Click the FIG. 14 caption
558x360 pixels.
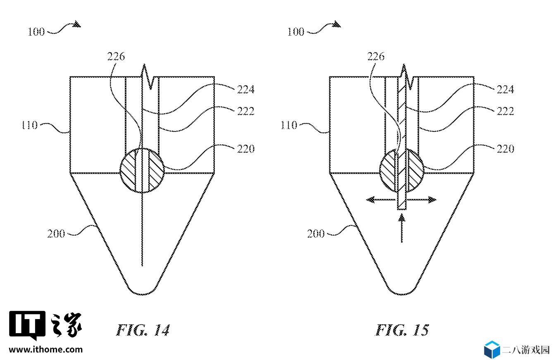143,330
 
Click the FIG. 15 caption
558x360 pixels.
402,330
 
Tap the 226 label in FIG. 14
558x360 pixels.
116,56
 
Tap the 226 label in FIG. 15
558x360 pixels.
376,56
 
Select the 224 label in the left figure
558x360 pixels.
246,89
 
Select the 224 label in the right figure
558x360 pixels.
506,89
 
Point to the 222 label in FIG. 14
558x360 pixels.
246,111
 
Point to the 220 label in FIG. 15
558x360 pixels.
506,149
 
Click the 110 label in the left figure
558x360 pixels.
30,125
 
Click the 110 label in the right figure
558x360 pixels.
289,125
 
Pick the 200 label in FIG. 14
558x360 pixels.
56,234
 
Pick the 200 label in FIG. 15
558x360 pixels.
316,234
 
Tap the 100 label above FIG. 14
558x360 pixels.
36,32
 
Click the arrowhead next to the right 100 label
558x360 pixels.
336,24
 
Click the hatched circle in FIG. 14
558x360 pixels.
142,170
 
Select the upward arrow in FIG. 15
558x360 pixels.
402,228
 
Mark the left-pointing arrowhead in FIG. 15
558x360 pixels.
371,199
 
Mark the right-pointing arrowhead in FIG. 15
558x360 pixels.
432,199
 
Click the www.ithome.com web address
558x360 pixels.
46,350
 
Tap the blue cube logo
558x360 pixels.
492,350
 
